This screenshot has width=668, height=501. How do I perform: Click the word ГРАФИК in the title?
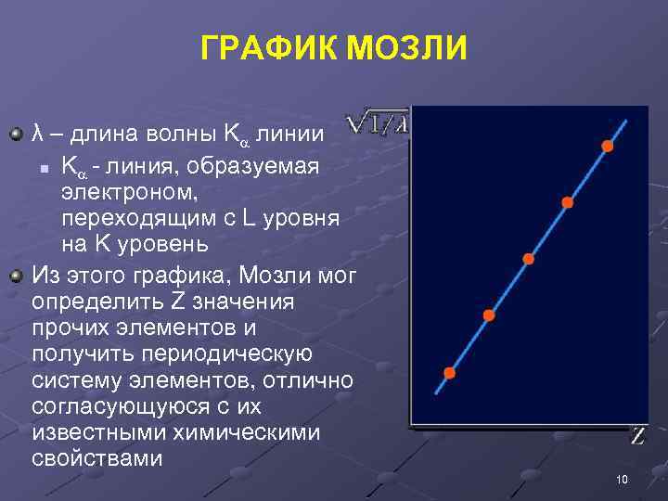click(269, 48)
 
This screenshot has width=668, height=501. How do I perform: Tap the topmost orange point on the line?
click(608, 146)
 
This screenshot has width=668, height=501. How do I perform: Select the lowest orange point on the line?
click(450, 373)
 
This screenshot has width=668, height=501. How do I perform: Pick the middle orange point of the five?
click(529, 259)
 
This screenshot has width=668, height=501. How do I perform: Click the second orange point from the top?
click(567, 202)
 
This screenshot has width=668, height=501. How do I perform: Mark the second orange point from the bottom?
click(489, 315)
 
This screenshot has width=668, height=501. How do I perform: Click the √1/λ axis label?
click(376, 123)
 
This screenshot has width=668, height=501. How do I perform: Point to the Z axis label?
click(637, 436)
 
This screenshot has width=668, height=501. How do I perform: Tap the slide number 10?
click(622, 480)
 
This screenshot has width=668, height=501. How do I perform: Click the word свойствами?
click(96, 458)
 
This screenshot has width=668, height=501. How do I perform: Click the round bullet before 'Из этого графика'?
click(15, 276)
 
